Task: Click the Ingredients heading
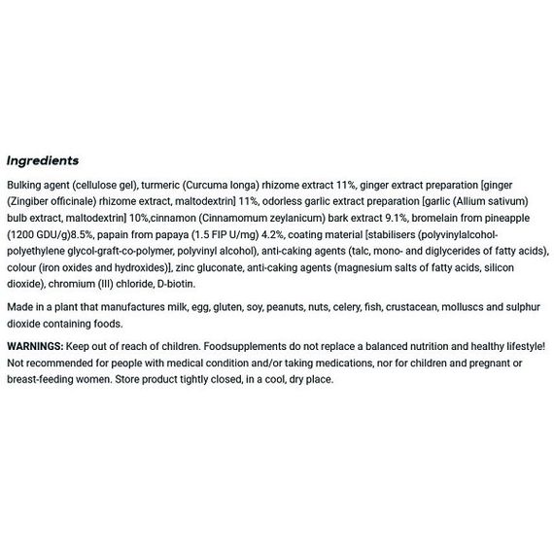point(43,161)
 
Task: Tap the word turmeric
point(160,184)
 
